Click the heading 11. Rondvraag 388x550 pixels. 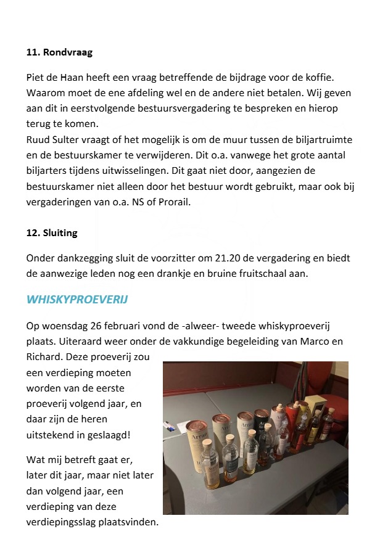coord(59,52)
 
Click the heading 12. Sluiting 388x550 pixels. coord(52,233)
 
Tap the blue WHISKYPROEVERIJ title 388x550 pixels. coord(77,299)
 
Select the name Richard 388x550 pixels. coord(44,356)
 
